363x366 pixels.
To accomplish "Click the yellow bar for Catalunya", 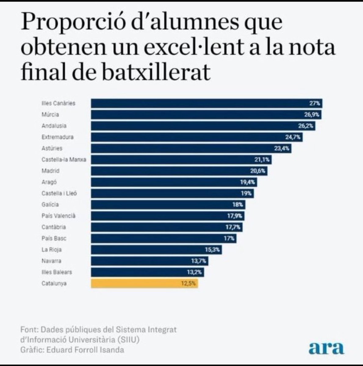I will [x=144, y=284].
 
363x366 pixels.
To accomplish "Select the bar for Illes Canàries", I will [x=207, y=103].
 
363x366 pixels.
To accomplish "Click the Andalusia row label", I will [x=54, y=126].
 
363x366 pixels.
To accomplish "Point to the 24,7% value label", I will [x=293, y=137].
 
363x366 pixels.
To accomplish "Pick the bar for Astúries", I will [x=191, y=149].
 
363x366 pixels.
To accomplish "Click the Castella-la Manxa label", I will [x=64, y=160].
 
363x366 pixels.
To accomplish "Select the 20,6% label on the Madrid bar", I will [x=258, y=171].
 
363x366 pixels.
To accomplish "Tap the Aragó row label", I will [x=49, y=182].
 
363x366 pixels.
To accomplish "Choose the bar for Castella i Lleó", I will [x=172, y=193].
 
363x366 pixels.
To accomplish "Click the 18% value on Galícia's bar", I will [x=238, y=205].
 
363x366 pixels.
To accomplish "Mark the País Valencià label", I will [x=58, y=216].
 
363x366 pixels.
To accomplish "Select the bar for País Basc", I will [x=164, y=239].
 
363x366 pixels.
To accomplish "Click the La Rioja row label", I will [x=52, y=250].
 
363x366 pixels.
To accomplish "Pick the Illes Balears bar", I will [x=147, y=272].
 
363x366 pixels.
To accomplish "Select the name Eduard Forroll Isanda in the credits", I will [x=85, y=350].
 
